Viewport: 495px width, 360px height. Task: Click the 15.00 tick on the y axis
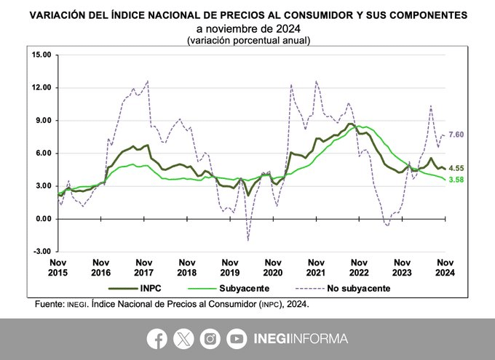coord(40,55)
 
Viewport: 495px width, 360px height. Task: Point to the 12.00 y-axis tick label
coord(40,87)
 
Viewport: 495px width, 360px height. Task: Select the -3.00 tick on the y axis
coord(41,252)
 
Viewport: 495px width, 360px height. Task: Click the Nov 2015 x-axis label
coord(60,266)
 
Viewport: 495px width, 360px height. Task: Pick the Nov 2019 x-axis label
coord(229,266)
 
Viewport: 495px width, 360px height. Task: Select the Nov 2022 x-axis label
coord(358,266)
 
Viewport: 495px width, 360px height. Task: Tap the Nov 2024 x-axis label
coord(443,266)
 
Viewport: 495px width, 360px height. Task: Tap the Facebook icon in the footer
coord(157,338)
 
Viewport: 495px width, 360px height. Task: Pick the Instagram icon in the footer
coord(210,338)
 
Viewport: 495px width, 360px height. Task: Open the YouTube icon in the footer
coord(236,338)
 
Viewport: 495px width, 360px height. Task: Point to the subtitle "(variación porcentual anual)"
coord(248,40)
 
